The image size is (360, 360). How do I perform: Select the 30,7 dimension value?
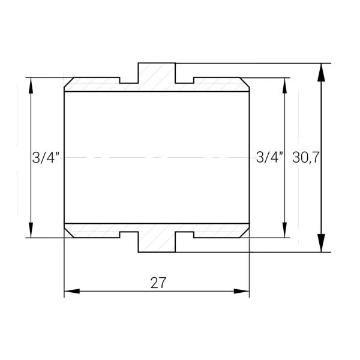point(305,158)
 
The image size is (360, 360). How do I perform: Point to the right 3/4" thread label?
point(269,158)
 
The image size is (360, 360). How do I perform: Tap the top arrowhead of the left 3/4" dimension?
point(31,85)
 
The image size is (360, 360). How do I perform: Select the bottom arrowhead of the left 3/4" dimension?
point(31,230)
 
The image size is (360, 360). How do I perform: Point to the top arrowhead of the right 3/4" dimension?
point(284,85)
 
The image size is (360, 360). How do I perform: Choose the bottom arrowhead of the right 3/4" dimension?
point(284,230)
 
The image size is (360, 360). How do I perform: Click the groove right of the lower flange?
point(185,235)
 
